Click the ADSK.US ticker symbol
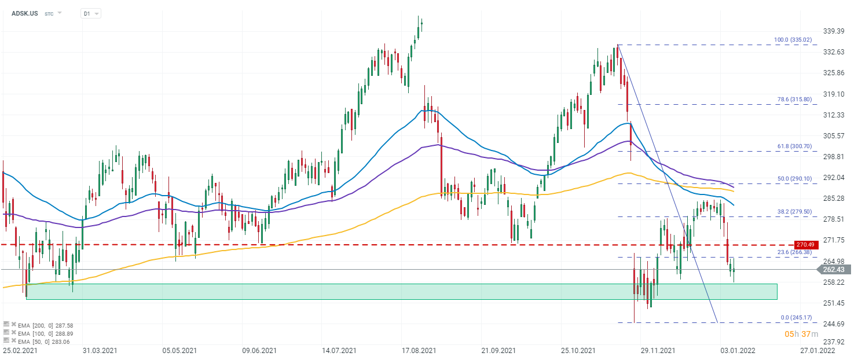(25, 13)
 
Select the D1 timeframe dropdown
(90, 13)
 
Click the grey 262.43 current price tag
(833, 270)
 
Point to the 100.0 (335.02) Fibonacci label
(795, 40)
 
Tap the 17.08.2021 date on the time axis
(419, 351)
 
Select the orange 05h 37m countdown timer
(801, 334)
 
